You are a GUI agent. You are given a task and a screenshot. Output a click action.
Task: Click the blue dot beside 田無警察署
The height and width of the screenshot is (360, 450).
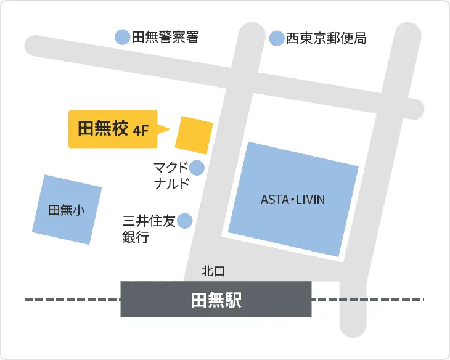123,37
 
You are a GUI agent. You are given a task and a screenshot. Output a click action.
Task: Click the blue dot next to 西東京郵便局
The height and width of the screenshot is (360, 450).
277,38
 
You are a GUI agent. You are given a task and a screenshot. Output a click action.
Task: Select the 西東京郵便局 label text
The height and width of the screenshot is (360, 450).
326,39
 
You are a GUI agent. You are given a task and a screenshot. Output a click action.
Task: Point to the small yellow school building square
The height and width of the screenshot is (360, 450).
194,134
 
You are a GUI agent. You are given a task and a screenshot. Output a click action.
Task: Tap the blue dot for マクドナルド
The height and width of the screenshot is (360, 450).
197,167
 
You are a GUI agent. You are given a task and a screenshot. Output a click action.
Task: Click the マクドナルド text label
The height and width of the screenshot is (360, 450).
171,175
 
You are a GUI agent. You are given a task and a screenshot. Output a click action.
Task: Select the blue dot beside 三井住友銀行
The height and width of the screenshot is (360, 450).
184,221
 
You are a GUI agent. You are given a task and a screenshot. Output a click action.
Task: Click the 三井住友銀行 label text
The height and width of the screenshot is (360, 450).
149,229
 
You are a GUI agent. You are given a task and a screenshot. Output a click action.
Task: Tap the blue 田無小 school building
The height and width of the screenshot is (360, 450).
67,210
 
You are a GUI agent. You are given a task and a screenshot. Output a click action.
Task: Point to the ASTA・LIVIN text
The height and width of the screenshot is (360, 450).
293,200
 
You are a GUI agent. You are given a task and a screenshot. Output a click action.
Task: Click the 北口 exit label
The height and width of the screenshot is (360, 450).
213,271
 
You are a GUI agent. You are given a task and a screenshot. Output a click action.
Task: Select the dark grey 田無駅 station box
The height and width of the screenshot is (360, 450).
216,300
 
